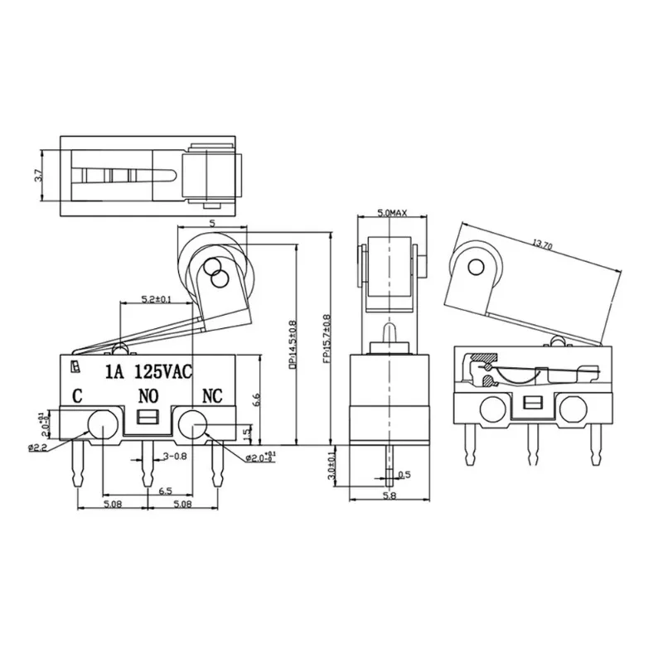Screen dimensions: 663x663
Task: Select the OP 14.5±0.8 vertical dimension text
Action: tap(292, 344)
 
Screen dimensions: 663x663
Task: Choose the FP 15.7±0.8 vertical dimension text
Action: tap(326, 340)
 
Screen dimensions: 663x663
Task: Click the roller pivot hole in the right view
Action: tap(476, 266)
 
